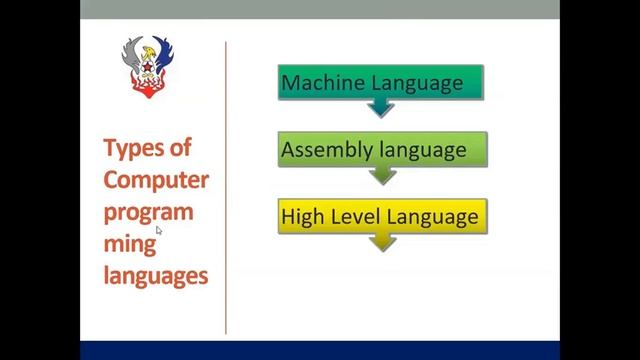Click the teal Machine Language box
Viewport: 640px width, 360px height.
pyautogui.click(x=380, y=82)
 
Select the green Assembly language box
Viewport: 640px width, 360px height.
pyautogui.click(x=382, y=150)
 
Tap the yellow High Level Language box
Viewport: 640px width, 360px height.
pyautogui.click(x=382, y=217)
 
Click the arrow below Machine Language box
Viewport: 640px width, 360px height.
pyautogui.click(x=380, y=108)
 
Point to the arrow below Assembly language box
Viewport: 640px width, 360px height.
pyautogui.click(x=382, y=176)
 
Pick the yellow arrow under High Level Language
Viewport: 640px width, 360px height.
pyautogui.click(x=382, y=242)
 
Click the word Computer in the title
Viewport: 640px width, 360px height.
pyautogui.click(x=156, y=180)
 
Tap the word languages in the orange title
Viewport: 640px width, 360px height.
pyautogui.click(x=155, y=275)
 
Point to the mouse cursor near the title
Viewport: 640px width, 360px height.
pyautogui.click(x=159, y=231)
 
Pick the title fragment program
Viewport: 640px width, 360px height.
pyautogui.click(x=148, y=212)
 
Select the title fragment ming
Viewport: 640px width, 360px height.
pyautogui.click(x=128, y=244)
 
